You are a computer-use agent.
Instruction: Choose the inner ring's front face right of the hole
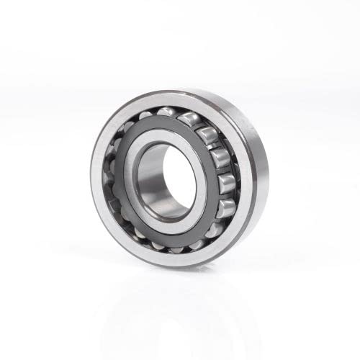[201, 180]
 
